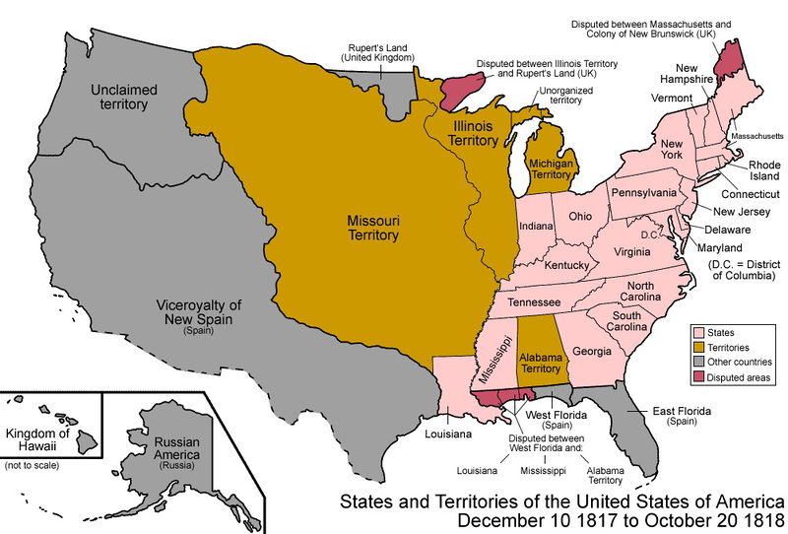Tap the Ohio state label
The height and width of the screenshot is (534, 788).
coord(580,216)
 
